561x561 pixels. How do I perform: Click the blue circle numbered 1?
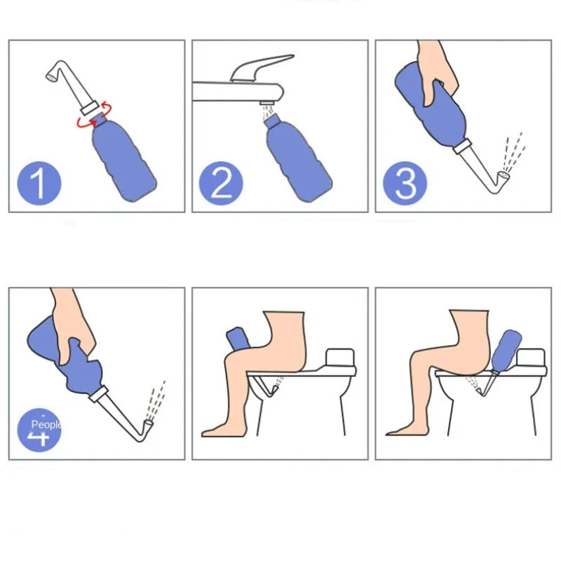[39, 183]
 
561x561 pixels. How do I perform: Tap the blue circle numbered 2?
[221, 183]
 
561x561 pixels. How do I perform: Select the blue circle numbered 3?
[405, 183]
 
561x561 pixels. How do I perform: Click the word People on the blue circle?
[46, 425]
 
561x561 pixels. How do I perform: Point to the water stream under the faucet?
[266, 112]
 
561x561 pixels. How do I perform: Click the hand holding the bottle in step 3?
[438, 70]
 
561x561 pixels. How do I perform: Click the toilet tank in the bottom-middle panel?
[339, 358]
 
